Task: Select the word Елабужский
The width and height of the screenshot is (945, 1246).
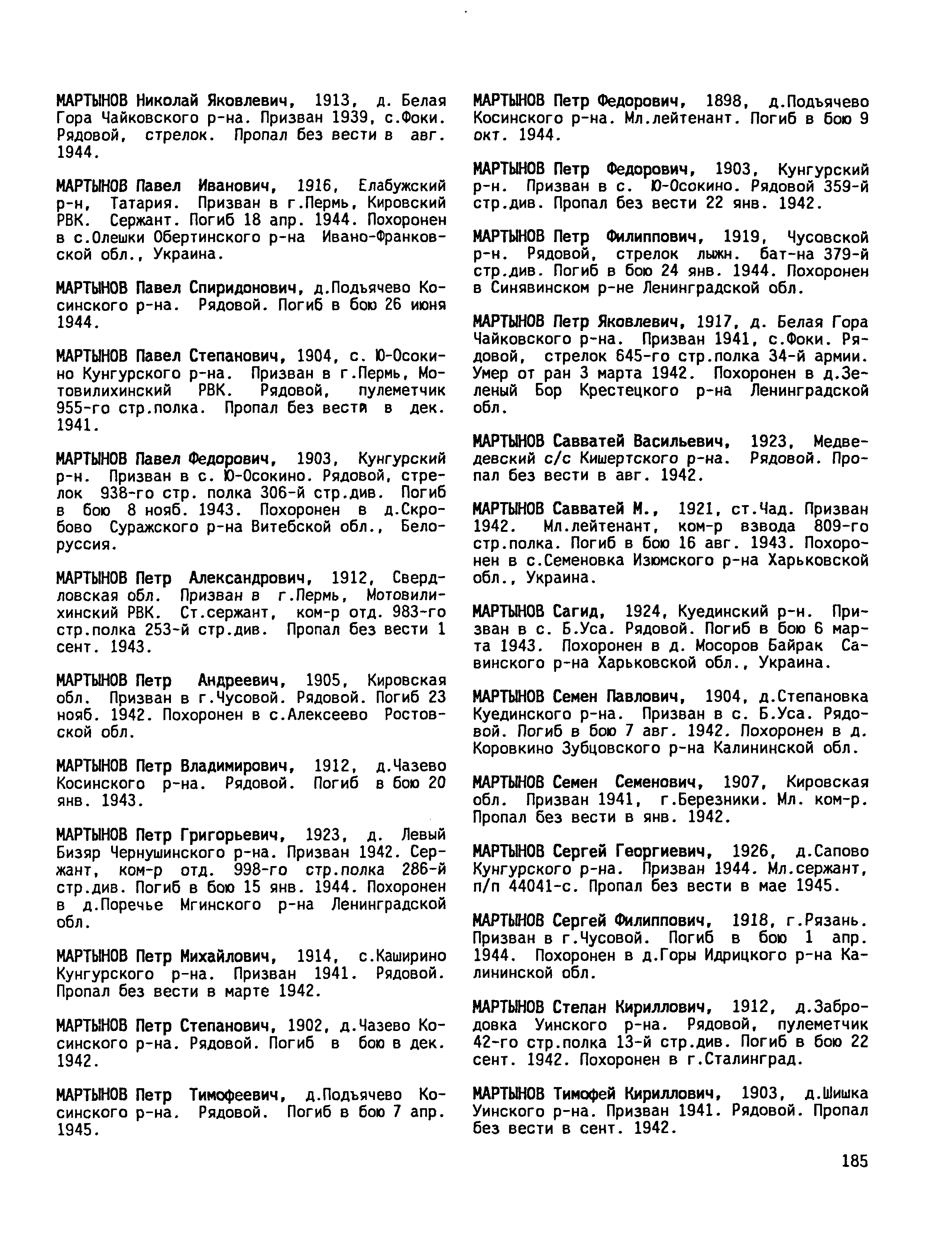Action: (x=402, y=186)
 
